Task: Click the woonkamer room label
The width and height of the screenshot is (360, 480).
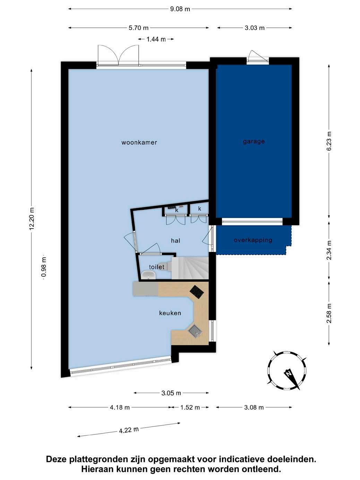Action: point(139,143)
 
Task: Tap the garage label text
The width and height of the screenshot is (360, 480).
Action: point(254,142)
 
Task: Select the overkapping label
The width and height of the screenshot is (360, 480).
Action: point(253,240)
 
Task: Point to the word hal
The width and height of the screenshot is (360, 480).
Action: point(175,241)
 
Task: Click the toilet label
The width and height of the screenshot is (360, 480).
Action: point(156,267)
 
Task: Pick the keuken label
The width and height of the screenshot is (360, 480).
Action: point(170,313)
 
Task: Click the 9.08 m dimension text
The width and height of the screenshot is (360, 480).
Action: point(180,9)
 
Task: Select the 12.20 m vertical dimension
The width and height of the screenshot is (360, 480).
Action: point(32,219)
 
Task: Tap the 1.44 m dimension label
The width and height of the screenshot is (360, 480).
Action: point(156,39)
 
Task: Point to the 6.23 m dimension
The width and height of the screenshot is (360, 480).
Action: point(329,141)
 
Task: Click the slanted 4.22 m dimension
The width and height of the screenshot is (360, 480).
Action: point(129,430)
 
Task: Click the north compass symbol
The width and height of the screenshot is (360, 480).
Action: point(286,370)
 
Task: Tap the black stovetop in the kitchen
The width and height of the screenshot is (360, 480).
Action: point(197,292)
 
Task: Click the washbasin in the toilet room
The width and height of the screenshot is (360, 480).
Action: point(148,275)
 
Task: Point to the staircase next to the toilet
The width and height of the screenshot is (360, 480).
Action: point(190,268)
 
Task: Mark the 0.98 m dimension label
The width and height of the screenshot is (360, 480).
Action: point(44,267)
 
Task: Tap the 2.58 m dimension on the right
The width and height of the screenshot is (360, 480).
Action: point(329,313)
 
